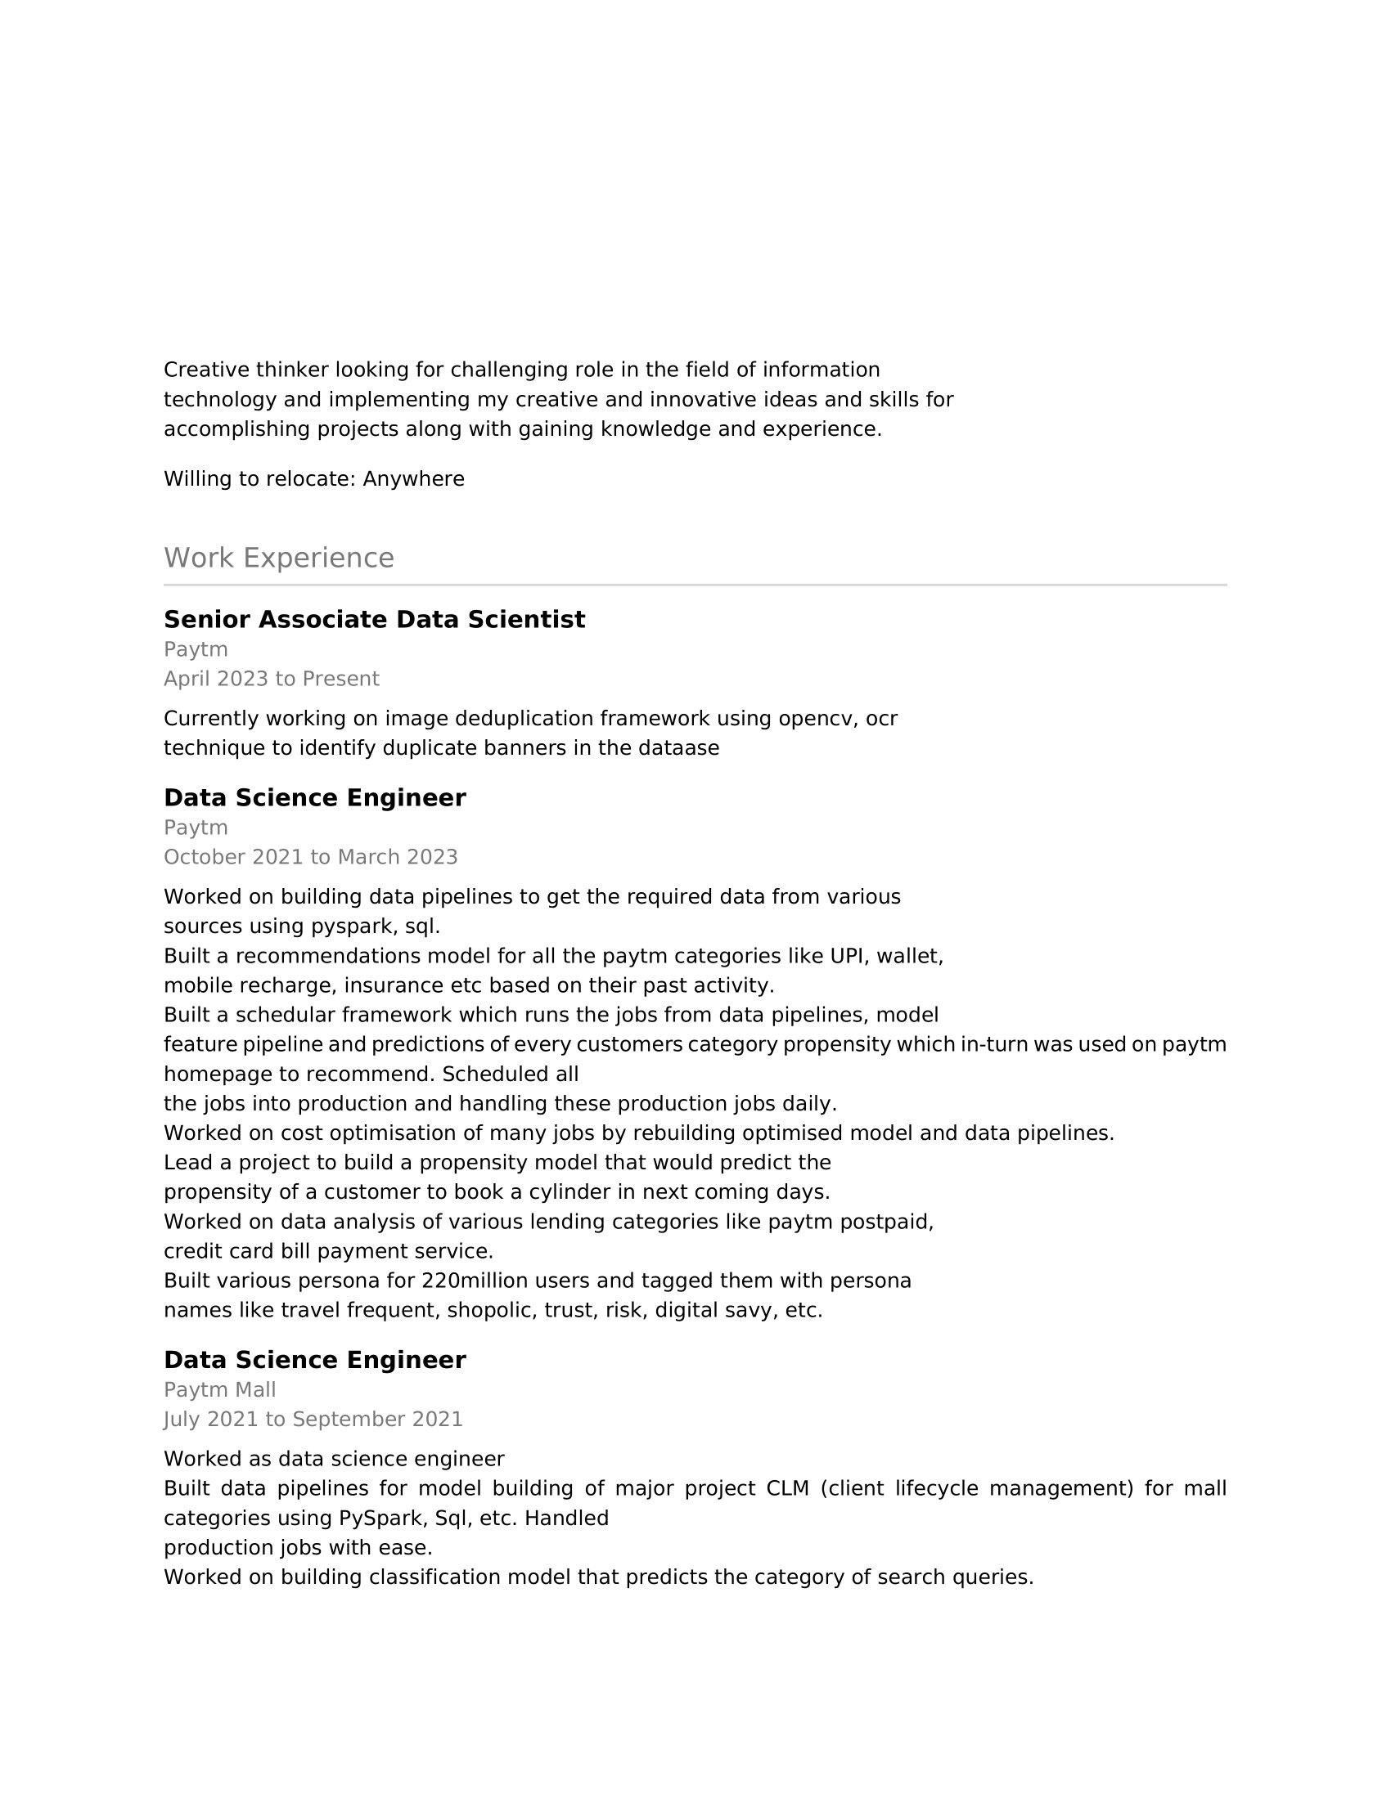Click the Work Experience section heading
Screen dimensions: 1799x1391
pos(278,559)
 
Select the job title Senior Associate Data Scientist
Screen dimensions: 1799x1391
pos(374,620)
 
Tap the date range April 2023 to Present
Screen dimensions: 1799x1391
pos(271,679)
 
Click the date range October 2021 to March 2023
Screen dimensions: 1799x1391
pos(310,857)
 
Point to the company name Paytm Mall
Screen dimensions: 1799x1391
pos(219,1389)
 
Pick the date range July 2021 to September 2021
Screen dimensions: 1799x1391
pos(313,1420)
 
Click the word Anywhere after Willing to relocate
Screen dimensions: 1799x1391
pos(414,478)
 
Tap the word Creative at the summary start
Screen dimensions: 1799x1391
pos(206,369)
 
